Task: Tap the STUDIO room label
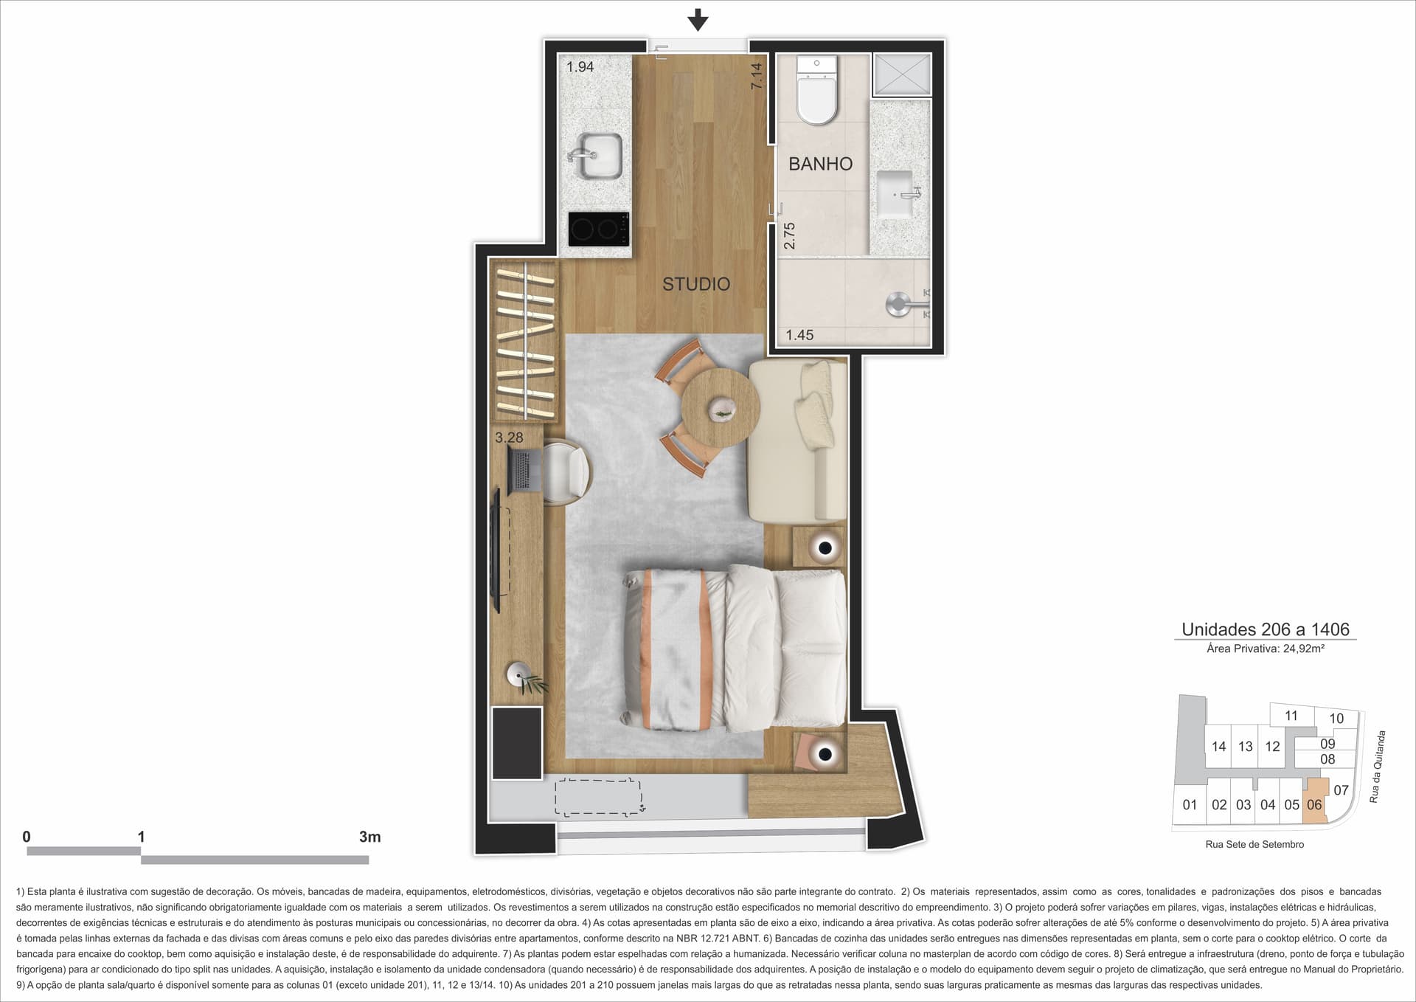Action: [x=696, y=284]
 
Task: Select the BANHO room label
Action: [x=820, y=164]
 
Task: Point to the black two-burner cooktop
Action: [x=600, y=229]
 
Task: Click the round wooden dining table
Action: [x=721, y=407]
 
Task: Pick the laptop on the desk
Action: [x=524, y=470]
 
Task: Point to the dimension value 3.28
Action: [x=509, y=438]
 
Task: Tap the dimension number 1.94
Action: [x=580, y=67]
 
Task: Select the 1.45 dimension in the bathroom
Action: [x=799, y=335]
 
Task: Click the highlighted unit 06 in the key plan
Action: [x=1315, y=801]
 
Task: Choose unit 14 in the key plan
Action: [x=1218, y=747]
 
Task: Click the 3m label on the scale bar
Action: [x=369, y=837]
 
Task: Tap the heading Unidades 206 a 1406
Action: [x=1266, y=629]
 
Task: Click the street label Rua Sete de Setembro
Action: [x=1254, y=845]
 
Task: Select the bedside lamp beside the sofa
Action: [x=825, y=548]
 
